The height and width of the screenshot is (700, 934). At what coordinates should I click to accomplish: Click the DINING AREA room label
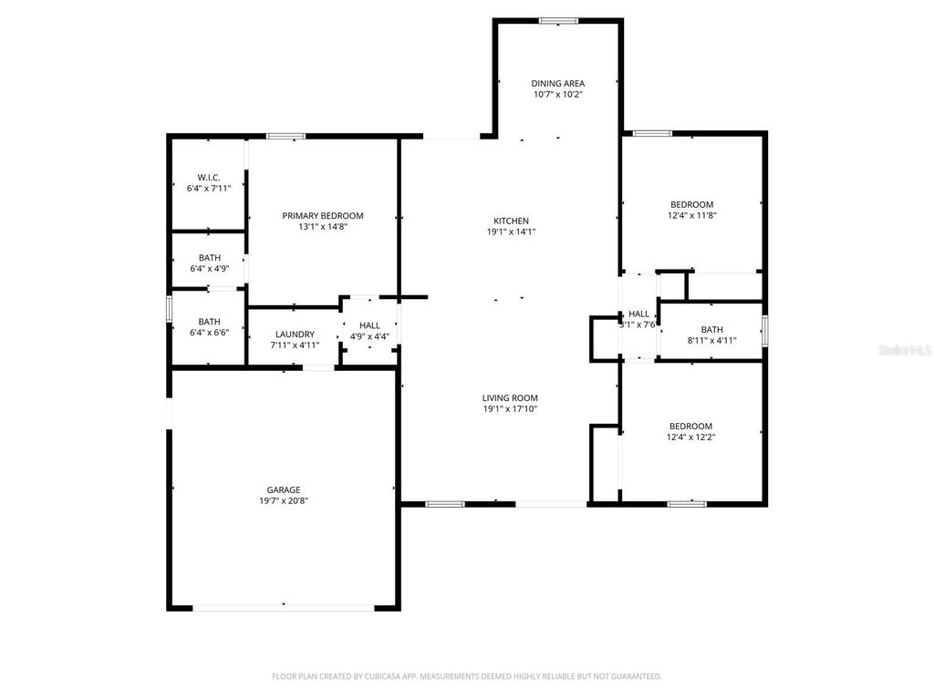coord(557,84)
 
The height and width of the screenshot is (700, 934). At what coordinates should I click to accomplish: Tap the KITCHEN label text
coord(511,221)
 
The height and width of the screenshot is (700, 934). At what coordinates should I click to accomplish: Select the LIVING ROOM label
coord(510,398)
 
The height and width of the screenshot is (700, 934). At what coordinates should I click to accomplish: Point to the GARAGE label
coord(284,490)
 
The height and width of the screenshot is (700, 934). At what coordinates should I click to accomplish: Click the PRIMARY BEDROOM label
coord(322,216)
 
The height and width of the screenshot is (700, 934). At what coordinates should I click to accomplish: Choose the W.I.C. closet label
coord(209,177)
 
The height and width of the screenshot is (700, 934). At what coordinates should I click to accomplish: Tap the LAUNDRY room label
coord(293,335)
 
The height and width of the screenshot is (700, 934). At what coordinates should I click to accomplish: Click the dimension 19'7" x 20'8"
coord(284,501)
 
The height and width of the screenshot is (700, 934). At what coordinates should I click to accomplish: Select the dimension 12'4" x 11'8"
coord(691,216)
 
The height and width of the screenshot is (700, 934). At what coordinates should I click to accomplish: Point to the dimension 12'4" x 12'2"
coord(691,437)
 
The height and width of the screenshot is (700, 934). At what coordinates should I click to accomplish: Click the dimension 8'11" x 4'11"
coord(711,341)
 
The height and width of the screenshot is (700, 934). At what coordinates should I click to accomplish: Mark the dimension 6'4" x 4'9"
coord(209,269)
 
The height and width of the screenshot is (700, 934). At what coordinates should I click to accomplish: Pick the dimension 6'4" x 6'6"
coord(209,333)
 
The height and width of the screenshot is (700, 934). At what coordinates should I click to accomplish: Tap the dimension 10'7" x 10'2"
coord(557,95)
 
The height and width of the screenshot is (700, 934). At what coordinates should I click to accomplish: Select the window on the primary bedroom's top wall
coord(285,137)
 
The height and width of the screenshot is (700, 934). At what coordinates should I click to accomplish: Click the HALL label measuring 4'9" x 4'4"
coord(369,325)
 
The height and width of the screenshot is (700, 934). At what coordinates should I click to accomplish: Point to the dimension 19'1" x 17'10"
coord(510,409)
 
